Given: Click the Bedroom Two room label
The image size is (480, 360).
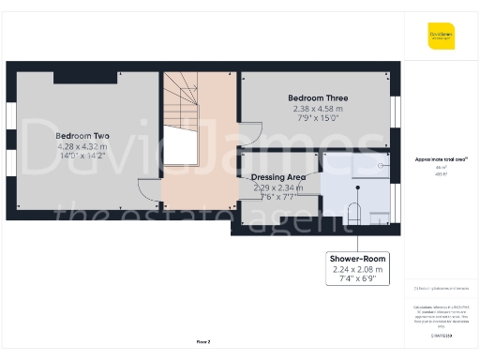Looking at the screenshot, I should pos(82,135).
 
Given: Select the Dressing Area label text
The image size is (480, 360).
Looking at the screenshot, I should pos(280,176).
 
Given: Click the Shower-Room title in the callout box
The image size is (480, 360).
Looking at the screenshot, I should pos(357,259).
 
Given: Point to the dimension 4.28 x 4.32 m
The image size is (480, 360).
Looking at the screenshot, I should pos(82,146).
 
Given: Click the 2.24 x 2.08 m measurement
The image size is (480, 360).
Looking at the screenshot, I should pos(357,270).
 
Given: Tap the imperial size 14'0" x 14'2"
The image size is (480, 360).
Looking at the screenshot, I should pos(82,157).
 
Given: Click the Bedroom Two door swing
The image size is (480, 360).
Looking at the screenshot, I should pos(147,187).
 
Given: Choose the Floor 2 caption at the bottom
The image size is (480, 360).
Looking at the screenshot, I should pos(202,342).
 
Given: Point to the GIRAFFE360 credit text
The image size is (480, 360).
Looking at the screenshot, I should pos(442,335).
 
